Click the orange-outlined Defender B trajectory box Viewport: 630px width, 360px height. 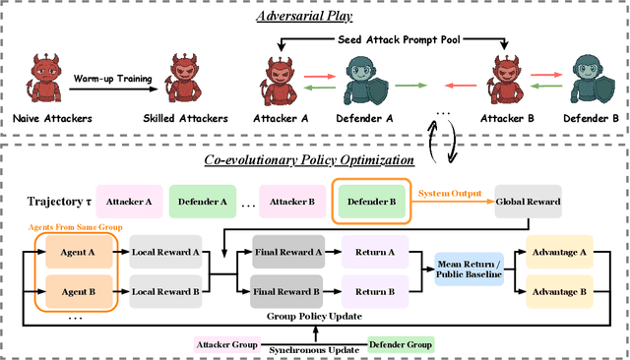(x=367, y=202)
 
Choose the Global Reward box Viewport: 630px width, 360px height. (x=528, y=202)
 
